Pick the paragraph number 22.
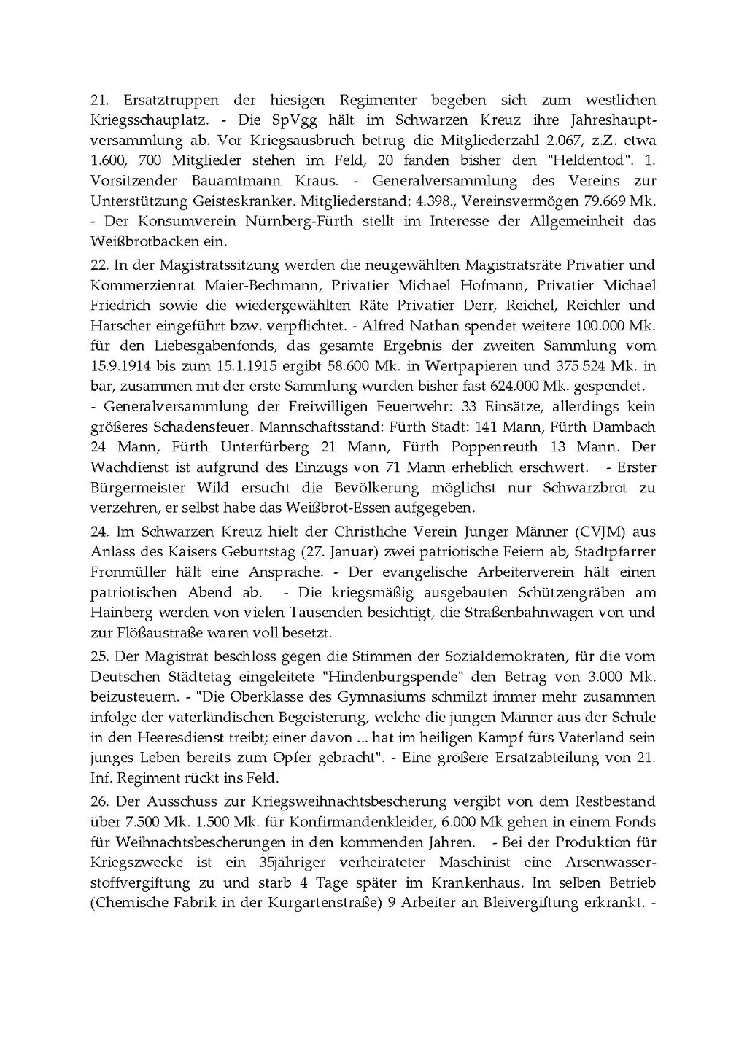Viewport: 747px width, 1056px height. [100, 265]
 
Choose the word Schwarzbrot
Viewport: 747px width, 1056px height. [585, 486]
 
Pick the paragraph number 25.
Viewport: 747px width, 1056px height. [100, 657]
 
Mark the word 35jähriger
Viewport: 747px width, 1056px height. [279, 862]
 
